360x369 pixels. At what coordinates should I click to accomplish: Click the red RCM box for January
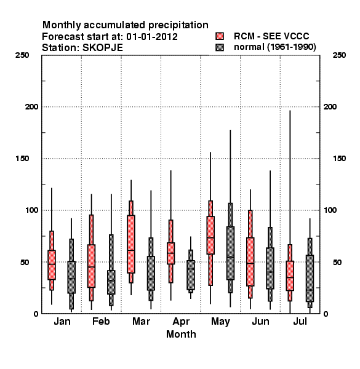[52, 264]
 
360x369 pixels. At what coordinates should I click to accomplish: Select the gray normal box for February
[111, 282]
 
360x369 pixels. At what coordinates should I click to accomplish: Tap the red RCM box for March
[131, 244]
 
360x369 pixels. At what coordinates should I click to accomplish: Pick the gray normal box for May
[230, 253]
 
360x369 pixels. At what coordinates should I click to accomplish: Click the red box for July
[290, 276]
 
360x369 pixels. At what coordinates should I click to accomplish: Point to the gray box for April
[191, 275]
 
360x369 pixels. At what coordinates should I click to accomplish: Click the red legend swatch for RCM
[220, 36]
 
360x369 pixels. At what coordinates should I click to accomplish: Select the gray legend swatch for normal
[220, 47]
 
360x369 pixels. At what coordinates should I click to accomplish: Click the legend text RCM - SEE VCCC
[271, 36]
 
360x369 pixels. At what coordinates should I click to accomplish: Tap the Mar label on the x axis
[141, 321]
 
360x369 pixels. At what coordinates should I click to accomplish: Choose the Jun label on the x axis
[260, 321]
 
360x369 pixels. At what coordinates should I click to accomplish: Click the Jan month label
[62, 321]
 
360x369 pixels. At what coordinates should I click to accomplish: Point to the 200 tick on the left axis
[31, 107]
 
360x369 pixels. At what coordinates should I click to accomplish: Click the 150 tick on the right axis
[339, 159]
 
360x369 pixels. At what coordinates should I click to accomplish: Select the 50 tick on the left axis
[25, 262]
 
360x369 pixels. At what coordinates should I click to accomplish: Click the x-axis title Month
[181, 334]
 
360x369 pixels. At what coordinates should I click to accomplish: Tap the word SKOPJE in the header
[103, 48]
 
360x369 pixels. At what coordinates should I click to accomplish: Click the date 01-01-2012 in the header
[152, 37]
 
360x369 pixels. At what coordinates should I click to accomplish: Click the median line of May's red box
[210, 237]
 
